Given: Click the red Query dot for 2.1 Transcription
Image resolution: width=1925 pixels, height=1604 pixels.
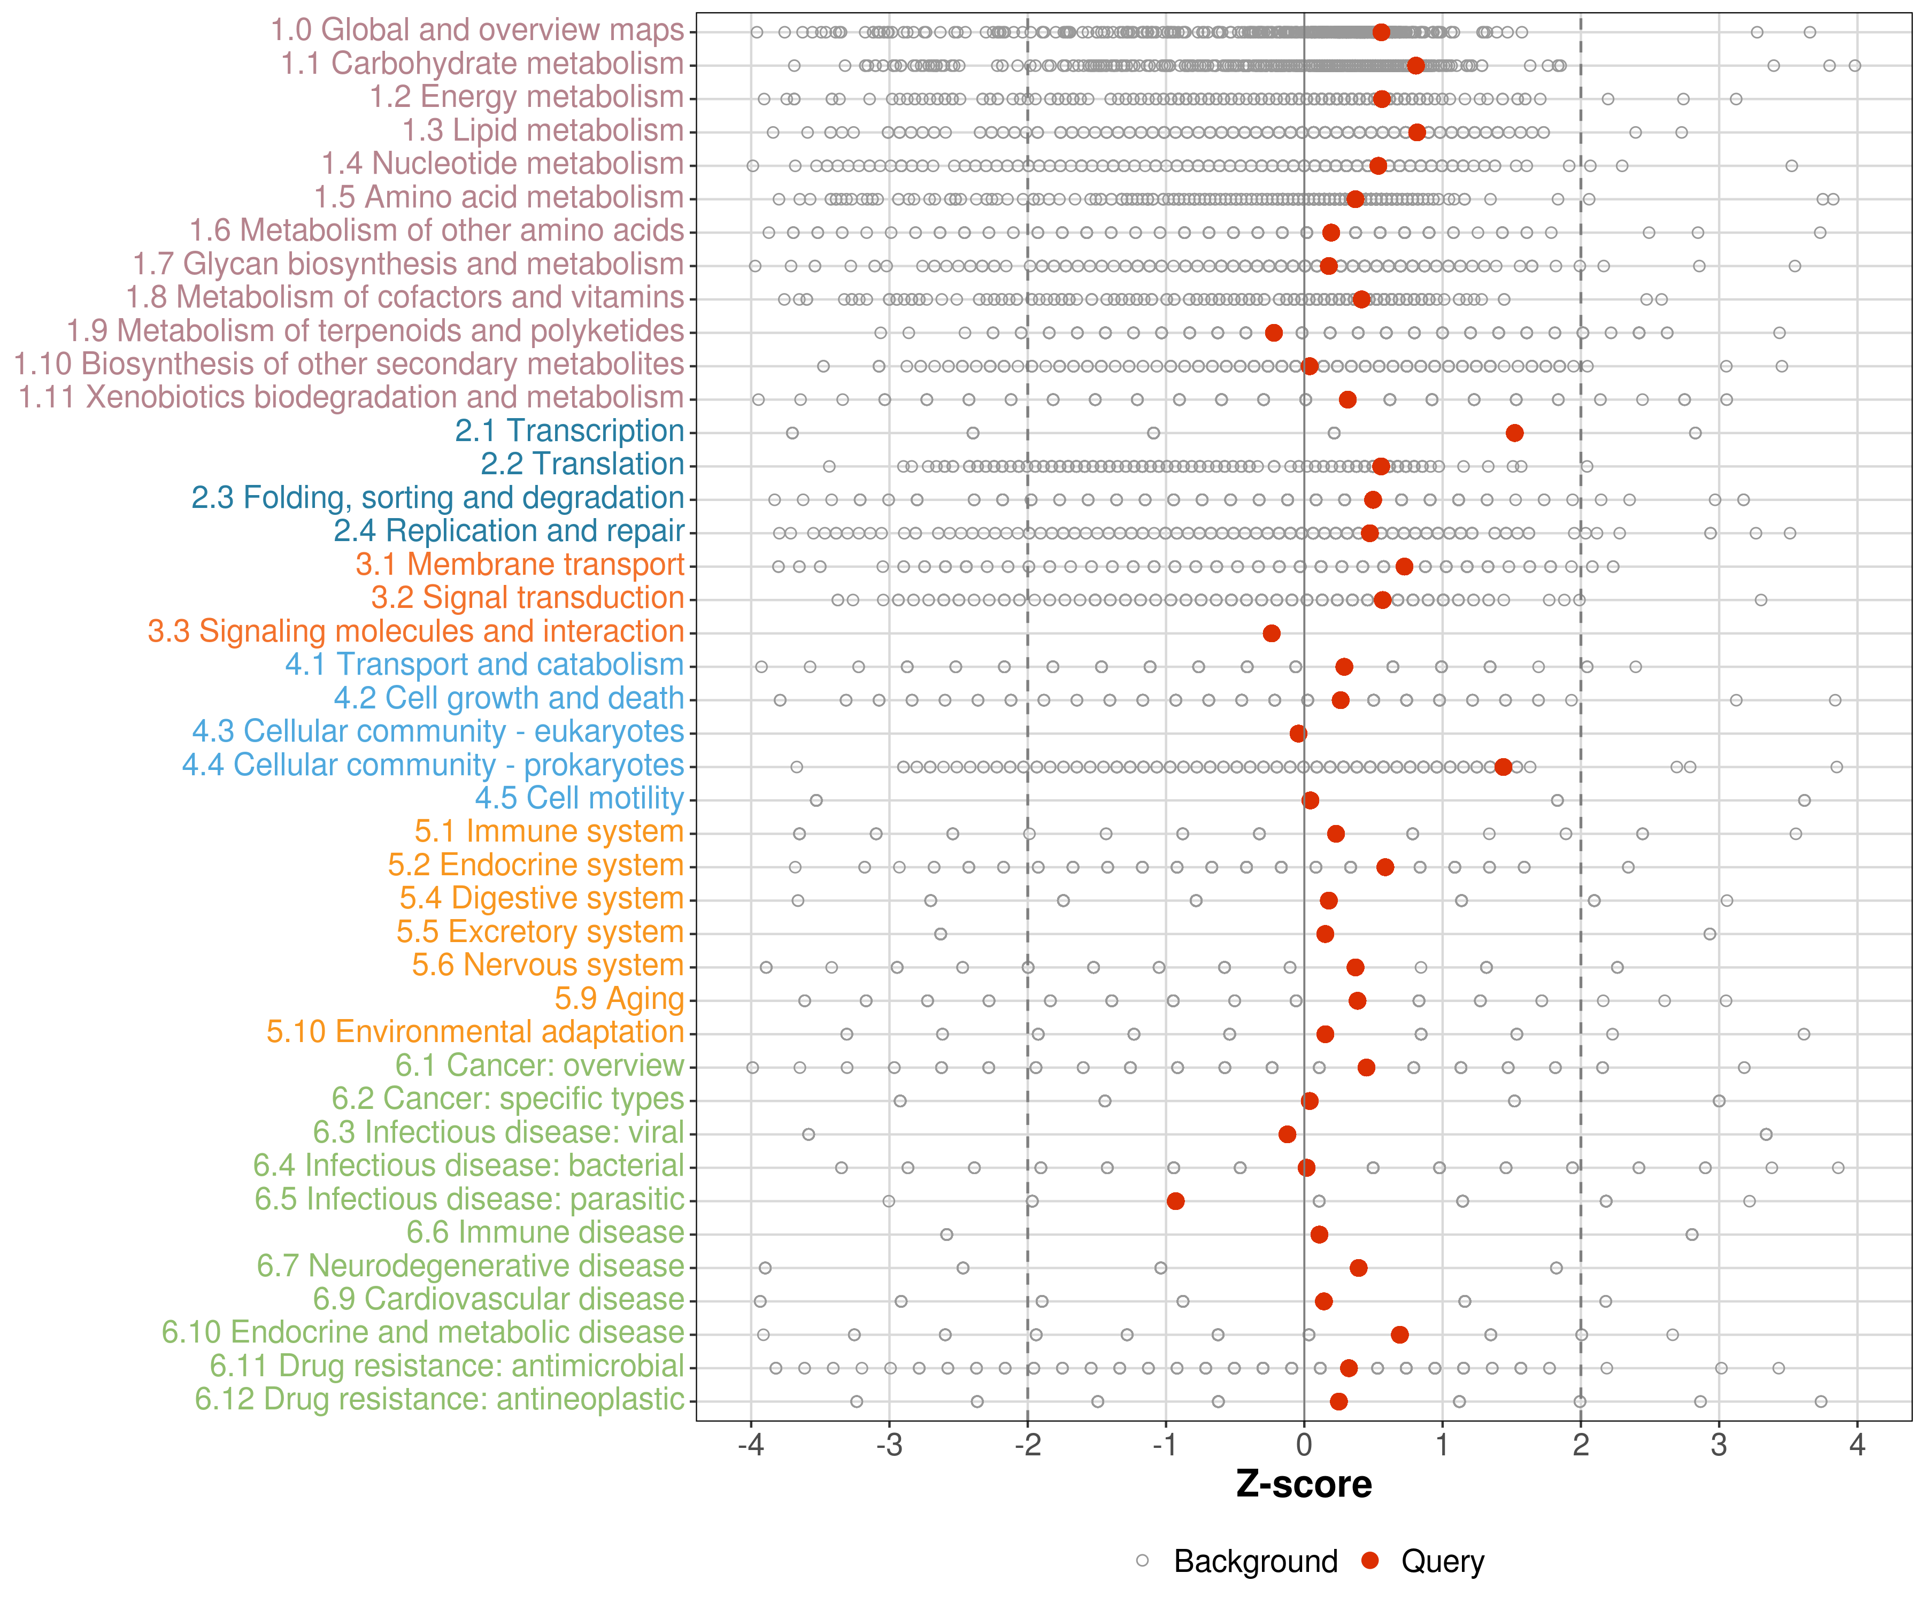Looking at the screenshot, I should point(1514,433).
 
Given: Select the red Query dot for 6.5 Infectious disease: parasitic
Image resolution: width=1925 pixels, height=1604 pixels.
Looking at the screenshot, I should point(1175,1201).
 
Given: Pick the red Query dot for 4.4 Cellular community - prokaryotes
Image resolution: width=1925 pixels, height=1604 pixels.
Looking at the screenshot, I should point(1503,766).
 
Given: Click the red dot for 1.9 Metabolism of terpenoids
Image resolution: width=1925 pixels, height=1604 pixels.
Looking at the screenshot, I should point(1273,332).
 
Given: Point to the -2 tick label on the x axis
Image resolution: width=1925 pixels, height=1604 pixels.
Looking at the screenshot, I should point(1027,1445).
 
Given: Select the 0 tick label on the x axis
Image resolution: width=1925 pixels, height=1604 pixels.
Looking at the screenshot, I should point(1304,1445).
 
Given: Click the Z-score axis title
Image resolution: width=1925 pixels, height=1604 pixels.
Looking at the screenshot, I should point(1304,1485).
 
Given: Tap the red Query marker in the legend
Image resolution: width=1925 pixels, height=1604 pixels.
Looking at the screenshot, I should point(1370,1560).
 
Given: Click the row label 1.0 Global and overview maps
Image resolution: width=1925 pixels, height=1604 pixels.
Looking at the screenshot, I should point(476,30).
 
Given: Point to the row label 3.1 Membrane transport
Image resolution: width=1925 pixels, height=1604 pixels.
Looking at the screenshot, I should point(520,565).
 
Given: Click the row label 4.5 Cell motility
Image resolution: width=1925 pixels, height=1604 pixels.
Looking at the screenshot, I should point(579,798).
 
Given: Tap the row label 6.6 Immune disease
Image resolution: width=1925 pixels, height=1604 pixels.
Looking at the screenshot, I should point(545,1233).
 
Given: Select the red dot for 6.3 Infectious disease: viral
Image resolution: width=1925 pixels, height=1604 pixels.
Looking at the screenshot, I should point(1287,1134).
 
